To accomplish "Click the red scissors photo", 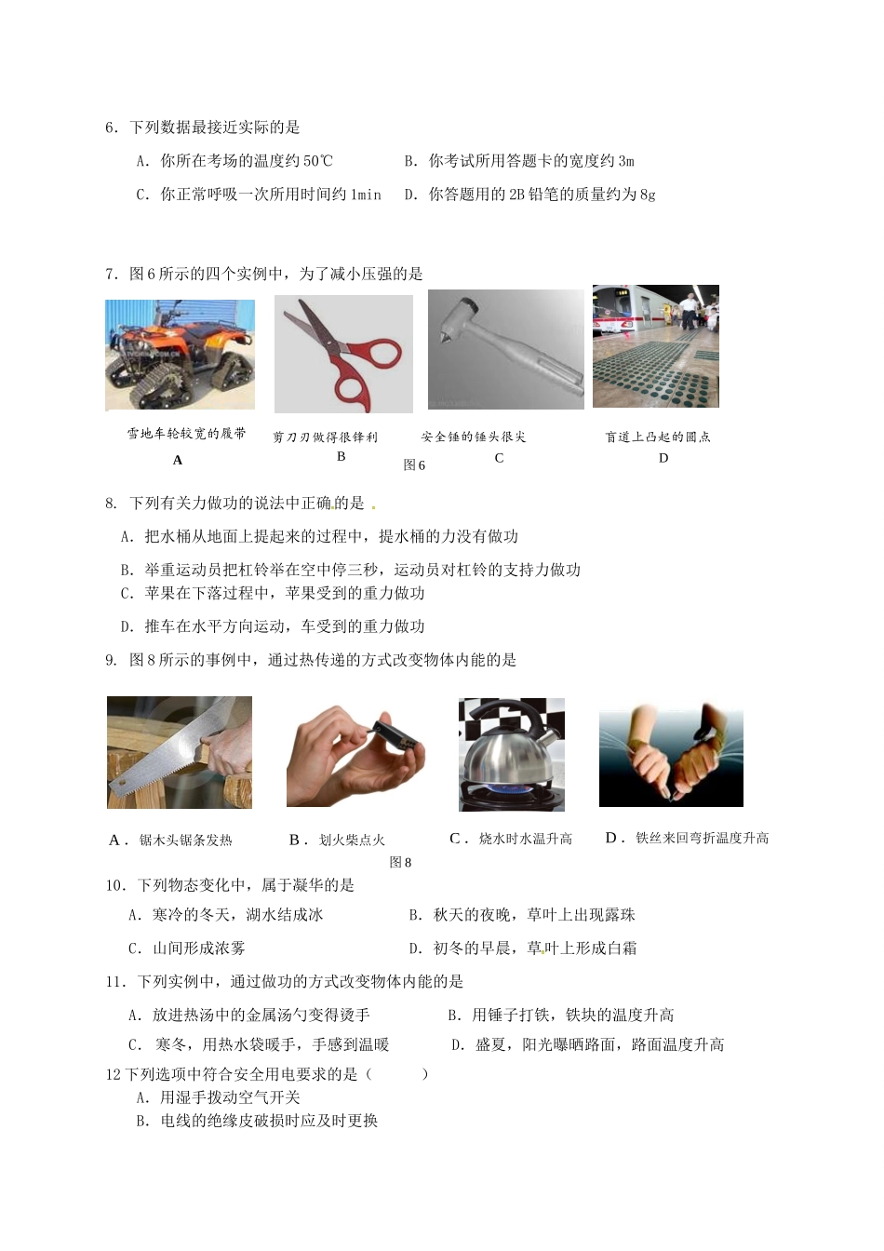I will click(x=343, y=354).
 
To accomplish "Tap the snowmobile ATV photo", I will click(x=180, y=355).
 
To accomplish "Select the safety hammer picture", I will click(x=505, y=349).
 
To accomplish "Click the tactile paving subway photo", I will click(x=655, y=345).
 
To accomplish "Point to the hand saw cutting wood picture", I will click(x=179, y=752).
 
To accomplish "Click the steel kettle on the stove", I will click(x=511, y=754).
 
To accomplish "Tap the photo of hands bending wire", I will click(x=671, y=755).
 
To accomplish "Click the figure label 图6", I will click(x=414, y=465).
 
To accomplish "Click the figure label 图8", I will click(x=400, y=862).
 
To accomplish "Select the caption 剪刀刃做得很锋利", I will click(x=325, y=437).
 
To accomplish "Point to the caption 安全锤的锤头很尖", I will click(x=474, y=437).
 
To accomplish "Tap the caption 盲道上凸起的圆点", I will click(x=658, y=437).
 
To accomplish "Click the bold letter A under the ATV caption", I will click(x=178, y=460).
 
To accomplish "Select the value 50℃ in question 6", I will click(x=316, y=161).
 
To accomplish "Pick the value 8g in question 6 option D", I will click(x=647, y=195).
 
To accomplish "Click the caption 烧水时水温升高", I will click(x=526, y=839).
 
